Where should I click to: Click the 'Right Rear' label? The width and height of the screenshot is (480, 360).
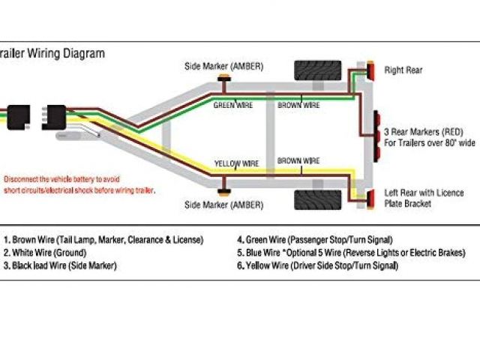click(403, 70)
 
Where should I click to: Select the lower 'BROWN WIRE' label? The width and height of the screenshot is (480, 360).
click(298, 160)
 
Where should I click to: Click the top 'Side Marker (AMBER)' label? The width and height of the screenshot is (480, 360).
click(223, 65)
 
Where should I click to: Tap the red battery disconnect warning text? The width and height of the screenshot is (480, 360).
click(79, 185)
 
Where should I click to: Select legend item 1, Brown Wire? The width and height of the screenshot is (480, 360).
click(103, 240)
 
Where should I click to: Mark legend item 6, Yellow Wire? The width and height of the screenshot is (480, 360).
click(317, 265)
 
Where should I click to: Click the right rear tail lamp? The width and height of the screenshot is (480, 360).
click(369, 73)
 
